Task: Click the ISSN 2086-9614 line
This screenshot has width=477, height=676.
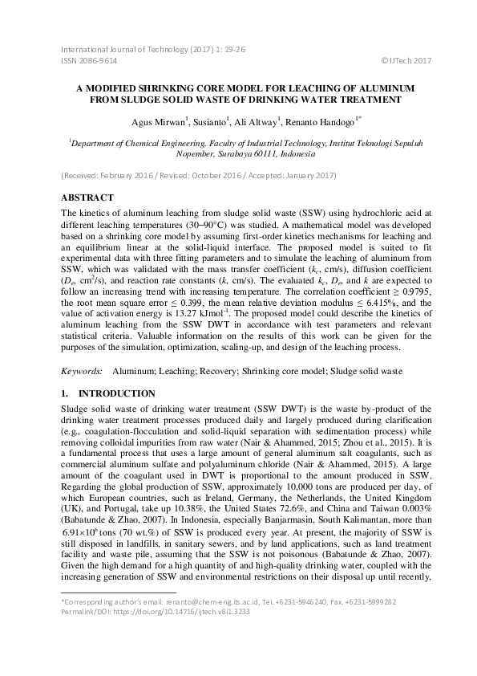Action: click(89, 60)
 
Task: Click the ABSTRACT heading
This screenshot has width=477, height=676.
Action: click(87, 197)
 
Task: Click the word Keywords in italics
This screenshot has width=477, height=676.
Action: click(81, 373)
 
